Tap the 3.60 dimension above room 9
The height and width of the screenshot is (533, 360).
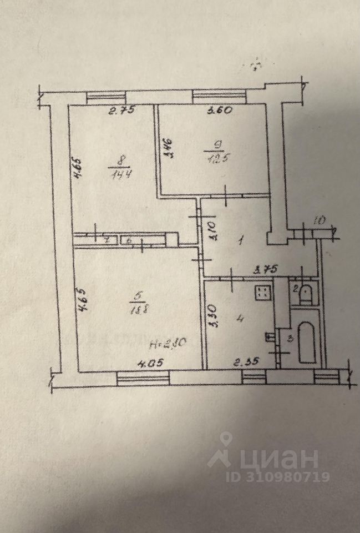coord(219,110)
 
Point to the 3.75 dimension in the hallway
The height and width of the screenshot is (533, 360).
coord(266,270)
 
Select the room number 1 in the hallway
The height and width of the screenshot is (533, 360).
coord(240,242)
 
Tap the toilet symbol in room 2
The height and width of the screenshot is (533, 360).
coord(305,294)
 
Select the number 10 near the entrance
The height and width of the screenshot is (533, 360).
coord(318,221)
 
